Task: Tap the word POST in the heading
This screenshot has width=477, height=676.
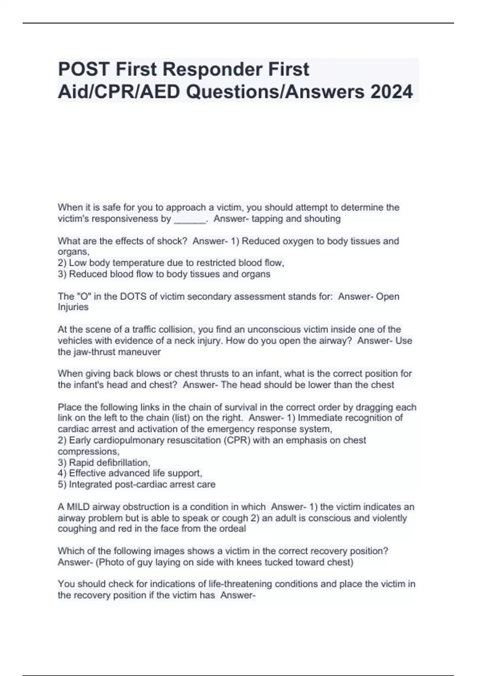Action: click(x=83, y=69)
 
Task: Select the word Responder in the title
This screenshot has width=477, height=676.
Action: click(x=209, y=70)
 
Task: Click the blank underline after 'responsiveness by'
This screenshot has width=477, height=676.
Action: click(x=190, y=219)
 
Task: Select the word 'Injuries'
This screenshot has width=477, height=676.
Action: click(x=73, y=307)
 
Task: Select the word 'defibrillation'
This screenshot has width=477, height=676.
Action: click(x=110, y=462)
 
